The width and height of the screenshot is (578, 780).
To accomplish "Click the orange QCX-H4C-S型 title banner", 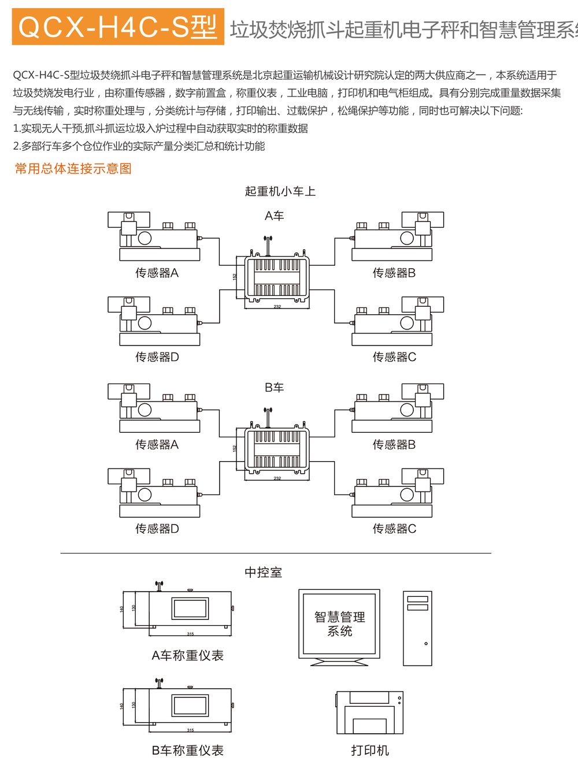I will click(118, 27).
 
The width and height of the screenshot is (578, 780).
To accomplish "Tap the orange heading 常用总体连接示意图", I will click(73, 169).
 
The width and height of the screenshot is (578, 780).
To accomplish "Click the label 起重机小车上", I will click(280, 191).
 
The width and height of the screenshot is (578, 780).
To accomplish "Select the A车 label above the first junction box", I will click(275, 216).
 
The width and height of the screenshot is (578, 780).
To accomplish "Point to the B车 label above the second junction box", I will click(275, 388).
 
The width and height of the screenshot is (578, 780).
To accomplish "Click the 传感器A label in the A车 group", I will click(157, 273).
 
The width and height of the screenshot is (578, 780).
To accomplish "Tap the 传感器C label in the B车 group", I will click(394, 529).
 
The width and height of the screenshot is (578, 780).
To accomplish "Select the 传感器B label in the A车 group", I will click(394, 273).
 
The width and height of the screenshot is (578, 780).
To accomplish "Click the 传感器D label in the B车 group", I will click(157, 529).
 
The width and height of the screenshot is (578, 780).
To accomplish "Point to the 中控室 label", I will click(264, 573).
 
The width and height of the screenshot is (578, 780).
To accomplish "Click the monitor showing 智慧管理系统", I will click(339, 625).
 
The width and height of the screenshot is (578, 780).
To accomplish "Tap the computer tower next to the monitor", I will click(417, 628).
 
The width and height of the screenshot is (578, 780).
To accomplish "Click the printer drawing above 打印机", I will click(369, 712).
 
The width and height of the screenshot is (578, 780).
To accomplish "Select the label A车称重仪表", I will click(187, 656).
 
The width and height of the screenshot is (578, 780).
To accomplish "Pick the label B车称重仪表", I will click(187, 751).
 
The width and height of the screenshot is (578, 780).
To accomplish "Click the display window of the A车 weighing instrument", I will click(189, 609).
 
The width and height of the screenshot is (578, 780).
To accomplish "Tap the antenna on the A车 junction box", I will click(267, 244).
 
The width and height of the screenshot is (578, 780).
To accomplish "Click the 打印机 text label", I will click(370, 751).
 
